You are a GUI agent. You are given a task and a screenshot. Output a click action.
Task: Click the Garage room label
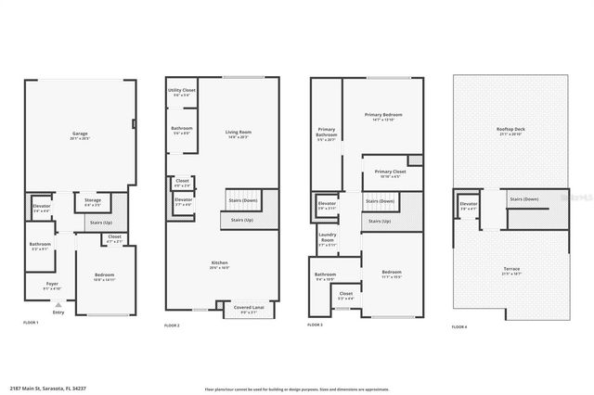(80, 134)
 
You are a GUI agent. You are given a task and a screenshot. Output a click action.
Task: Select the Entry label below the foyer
(58, 312)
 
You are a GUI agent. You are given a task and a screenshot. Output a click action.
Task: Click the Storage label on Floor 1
(92, 199)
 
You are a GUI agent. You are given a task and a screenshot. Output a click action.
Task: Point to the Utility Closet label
(182, 91)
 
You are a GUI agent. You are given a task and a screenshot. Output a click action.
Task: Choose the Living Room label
(239, 133)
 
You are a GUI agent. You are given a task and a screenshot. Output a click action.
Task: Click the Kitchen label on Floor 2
(220, 263)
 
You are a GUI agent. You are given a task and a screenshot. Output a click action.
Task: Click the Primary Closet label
(390, 172)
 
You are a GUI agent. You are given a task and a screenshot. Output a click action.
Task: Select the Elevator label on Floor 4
(468, 203)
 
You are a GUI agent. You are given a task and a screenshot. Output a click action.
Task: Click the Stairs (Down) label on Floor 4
(524, 198)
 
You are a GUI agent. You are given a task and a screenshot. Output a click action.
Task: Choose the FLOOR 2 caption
(172, 326)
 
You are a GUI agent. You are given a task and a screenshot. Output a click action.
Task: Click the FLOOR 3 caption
(316, 326)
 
